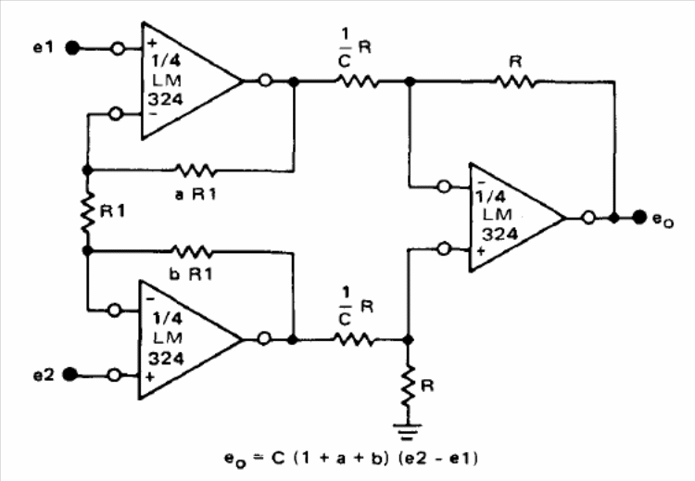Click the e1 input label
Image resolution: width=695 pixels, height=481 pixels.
pos(44,47)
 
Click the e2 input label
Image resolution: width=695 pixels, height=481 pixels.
pos(44,375)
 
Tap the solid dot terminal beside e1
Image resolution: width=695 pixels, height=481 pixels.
pos(72,47)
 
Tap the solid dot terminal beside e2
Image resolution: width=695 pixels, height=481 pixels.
pos(69,374)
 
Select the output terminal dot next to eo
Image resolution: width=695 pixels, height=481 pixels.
pos(639,217)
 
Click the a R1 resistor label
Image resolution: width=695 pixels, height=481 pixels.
pos(196,195)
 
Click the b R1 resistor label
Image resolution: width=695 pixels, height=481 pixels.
pos(191,274)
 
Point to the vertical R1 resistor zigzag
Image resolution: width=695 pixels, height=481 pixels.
pos(88,211)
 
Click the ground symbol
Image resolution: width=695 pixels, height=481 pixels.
pos(407,432)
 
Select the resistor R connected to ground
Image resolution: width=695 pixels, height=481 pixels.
pos(408,386)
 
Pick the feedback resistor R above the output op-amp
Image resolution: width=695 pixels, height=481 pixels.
pos(514,82)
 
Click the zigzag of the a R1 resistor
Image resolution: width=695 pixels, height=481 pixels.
pos(195,170)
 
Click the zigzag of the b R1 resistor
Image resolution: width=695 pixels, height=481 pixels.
pos(192,251)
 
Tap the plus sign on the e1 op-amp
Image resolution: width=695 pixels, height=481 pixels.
pos(152,43)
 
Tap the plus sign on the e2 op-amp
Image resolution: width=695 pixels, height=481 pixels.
pos(150,377)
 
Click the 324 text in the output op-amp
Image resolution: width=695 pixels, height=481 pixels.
pos(499,234)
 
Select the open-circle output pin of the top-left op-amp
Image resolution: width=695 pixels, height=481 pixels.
pos(265,81)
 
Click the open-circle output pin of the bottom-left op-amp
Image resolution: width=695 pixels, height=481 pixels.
pos(264,338)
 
